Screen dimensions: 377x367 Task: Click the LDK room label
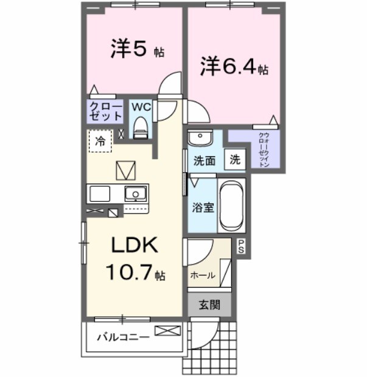point(134,245)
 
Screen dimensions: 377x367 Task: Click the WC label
point(141,106)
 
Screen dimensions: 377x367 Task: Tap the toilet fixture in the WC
point(141,128)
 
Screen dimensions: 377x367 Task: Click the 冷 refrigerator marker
point(100,141)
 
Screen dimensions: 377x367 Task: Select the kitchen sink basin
point(135,195)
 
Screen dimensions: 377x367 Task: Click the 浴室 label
point(203,207)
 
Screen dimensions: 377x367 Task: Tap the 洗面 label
point(204,161)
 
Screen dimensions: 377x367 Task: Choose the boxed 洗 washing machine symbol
point(235,161)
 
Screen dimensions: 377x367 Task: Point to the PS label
point(241,246)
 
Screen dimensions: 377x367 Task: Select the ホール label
point(203,275)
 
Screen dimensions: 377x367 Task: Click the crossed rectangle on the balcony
point(167,331)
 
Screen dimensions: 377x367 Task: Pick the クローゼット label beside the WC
point(105,111)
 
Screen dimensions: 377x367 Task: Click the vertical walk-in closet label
point(264,149)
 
